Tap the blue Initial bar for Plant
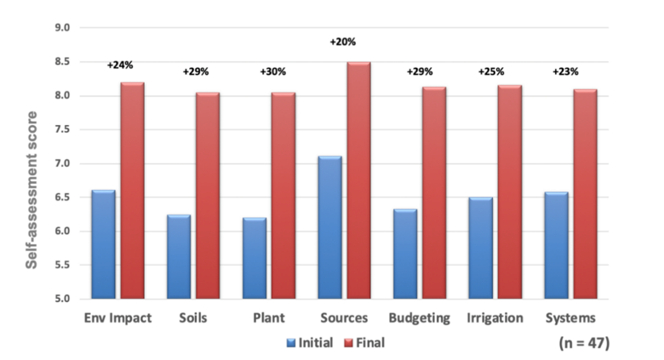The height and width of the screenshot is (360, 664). point(254,259)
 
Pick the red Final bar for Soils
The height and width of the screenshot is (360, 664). point(208,196)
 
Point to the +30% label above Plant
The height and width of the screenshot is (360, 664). point(272,72)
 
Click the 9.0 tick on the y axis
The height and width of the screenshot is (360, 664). point(62,28)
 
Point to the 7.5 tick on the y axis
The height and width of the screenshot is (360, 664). point(62,129)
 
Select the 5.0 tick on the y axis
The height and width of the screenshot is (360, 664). point(62,299)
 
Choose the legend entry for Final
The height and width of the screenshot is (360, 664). point(369,343)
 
